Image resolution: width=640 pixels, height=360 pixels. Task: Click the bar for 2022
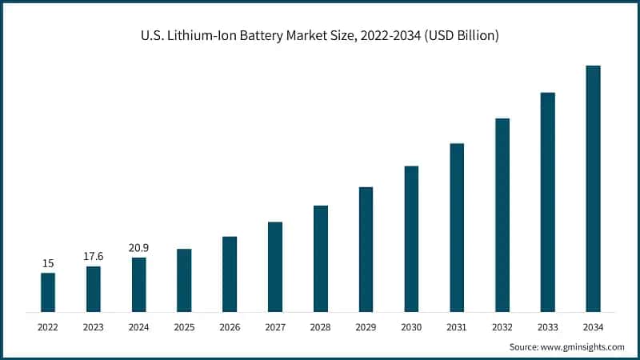click(48, 292)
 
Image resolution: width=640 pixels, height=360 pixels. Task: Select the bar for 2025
click(184, 280)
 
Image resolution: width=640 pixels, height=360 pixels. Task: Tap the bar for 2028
click(321, 258)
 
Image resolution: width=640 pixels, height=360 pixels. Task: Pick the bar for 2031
click(457, 227)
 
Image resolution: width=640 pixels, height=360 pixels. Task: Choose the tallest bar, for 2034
click(593, 188)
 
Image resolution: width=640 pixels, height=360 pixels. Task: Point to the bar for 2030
click(411, 238)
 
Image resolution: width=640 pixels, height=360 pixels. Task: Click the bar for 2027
click(275, 266)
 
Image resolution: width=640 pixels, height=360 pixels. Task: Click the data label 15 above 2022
click(48, 263)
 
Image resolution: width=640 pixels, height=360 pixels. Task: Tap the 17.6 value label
click(94, 256)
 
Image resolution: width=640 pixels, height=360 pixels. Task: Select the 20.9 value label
click(139, 247)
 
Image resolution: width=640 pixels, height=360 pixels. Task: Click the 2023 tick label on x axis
click(94, 327)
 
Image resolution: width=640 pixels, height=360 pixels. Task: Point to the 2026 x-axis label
click(230, 327)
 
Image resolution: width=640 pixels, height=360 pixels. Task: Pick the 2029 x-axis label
click(366, 327)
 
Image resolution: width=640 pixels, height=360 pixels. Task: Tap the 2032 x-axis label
click(502, 327)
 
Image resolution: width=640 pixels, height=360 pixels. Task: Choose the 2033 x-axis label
click(547, 327)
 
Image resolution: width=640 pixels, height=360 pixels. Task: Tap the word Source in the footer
click(525, 346)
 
